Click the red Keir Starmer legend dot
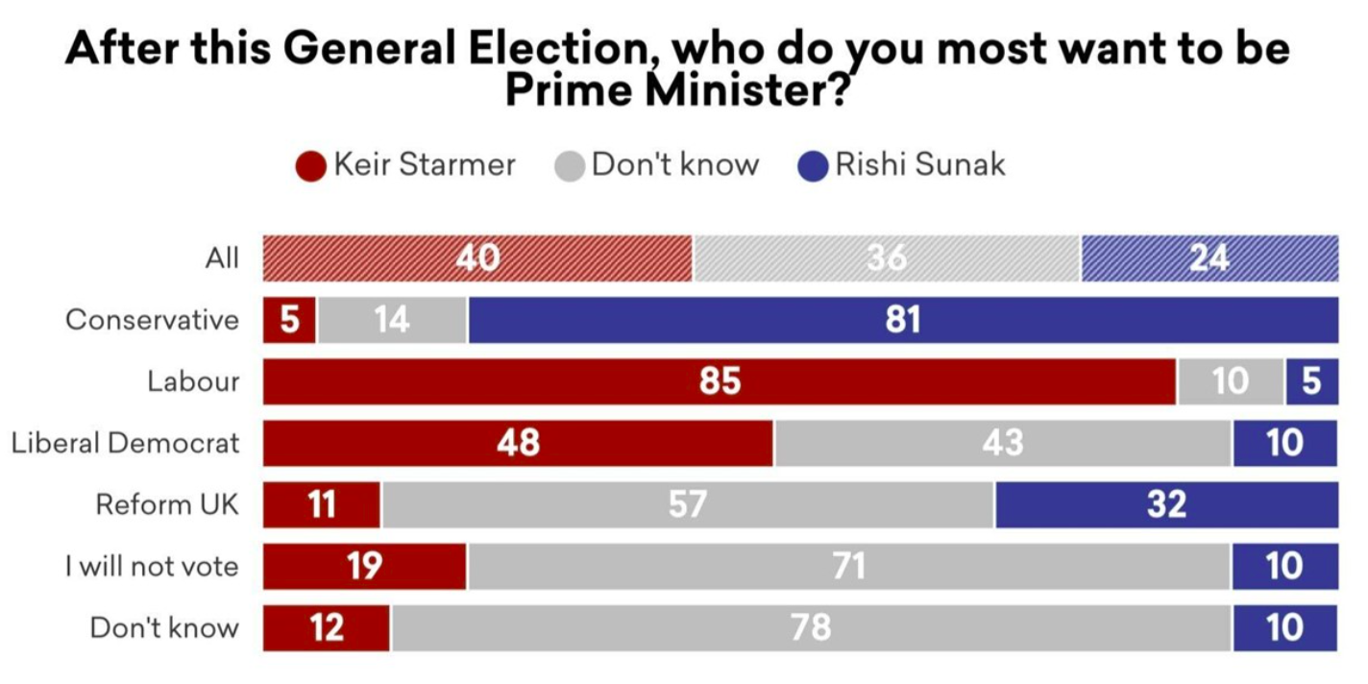click(311, 165)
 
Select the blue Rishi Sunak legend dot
click(813, 165)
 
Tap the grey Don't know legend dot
click(570, 165)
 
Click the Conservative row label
click(152, 320)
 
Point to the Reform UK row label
click(166, 504)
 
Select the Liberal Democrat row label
click(125, 443)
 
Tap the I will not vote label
click(152, 566)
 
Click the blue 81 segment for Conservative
click(903, 320)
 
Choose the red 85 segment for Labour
click(720, 381)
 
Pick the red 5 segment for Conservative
click(289, 320)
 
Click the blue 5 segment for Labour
click(1312, 381)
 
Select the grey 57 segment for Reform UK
click(688, 504)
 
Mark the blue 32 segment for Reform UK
click(1166, 504)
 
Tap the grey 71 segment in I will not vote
click(848, 566)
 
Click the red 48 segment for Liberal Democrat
click(518, 443)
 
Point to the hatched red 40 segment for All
click(477, 258)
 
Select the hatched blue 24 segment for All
click(1209, 258)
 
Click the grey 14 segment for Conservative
click(392, 320)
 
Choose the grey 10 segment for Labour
click(1231, 381)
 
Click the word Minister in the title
click(735, 91)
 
